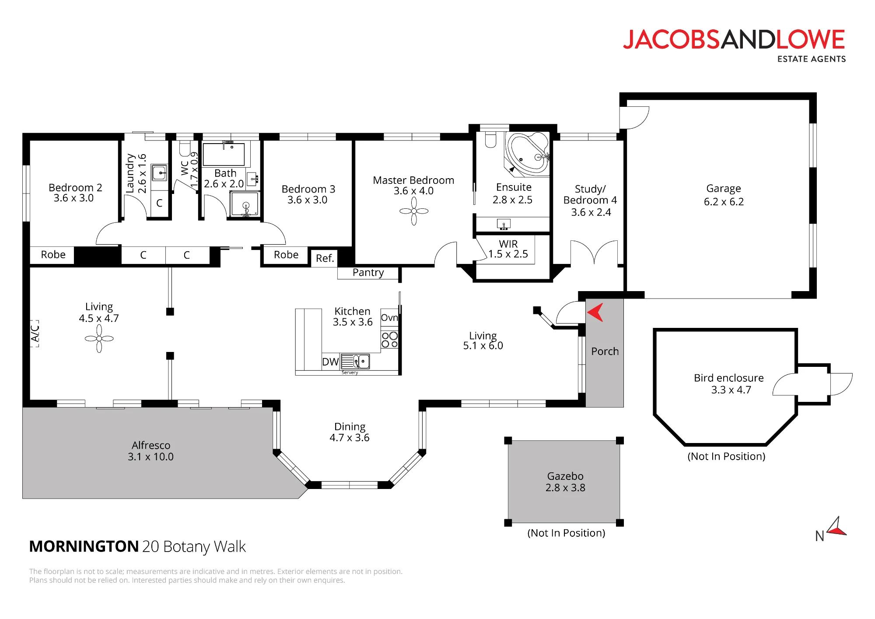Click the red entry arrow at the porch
[595, 313]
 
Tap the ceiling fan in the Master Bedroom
[414, 211]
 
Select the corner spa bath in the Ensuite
[528, 155]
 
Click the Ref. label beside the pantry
[325, 258]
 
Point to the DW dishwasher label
[330, 362]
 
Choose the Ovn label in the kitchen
[389, 317]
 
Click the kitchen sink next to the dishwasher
[356, 362]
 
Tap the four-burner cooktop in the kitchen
[389, 340]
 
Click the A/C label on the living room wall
[35, 334]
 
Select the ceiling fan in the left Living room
[99, 338]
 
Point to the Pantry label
[368, 273]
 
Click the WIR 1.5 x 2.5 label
[508, 249]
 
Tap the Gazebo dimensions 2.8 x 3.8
[565, 488]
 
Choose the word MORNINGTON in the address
[84, 546]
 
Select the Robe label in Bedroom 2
[53, 255]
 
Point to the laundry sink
[159, 172]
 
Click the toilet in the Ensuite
[491, 140]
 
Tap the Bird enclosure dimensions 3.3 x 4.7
[731, 390]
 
